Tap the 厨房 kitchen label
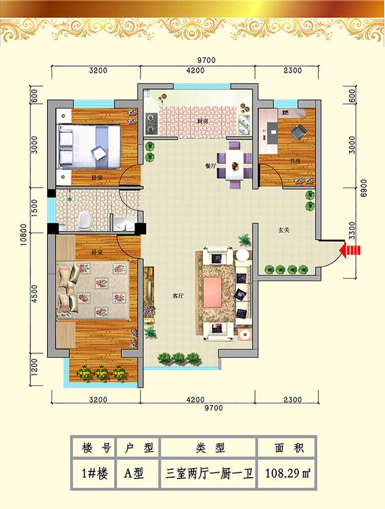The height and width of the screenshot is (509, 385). [203, 121]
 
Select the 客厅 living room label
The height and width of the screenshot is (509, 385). [178, 295]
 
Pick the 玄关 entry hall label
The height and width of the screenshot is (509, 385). [284, 230]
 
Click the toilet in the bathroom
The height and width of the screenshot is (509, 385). [84, 220]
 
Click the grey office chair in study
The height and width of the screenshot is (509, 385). [298, 132]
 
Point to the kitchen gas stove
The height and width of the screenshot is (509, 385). [151, 124]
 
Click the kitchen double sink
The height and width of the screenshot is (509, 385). [244, 125]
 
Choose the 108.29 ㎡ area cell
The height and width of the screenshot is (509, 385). [287, 474]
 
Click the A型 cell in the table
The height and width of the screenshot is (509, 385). [134, 474]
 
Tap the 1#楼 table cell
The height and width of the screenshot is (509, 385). [94, 474]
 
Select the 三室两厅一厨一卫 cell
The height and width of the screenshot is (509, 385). [209, 474]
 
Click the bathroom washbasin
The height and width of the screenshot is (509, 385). [124, 224]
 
